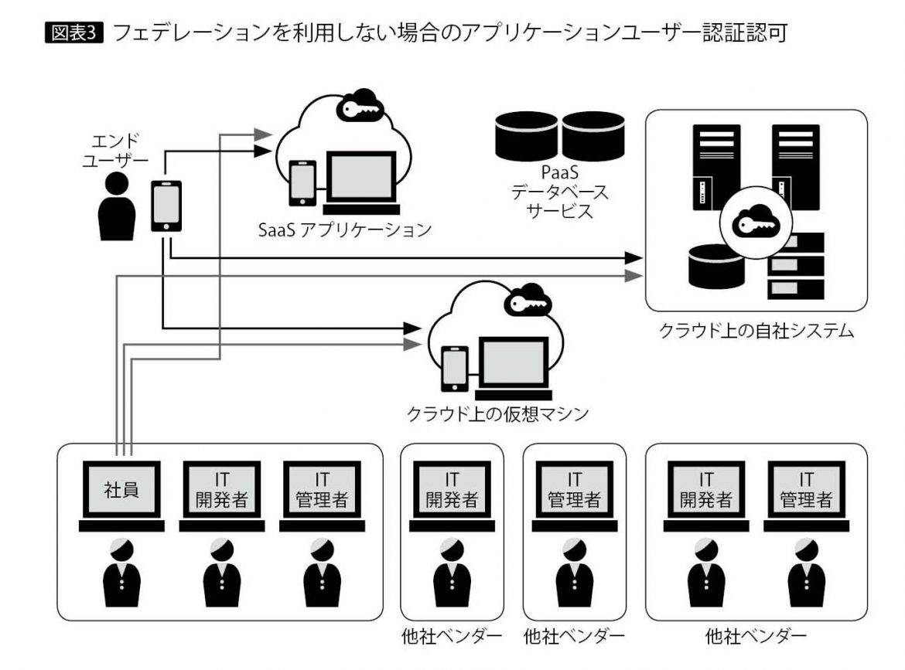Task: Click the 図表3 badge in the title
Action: click(75, 33)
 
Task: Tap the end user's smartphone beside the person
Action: click(166, 206)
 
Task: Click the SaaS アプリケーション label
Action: click(344, 230)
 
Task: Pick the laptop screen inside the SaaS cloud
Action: click(360, 178)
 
